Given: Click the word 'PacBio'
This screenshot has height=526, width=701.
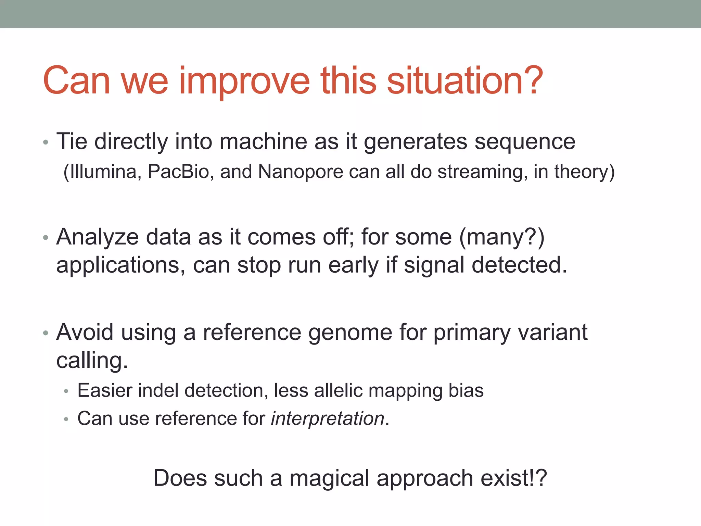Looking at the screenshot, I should pyautogui.click(x=178, y=172).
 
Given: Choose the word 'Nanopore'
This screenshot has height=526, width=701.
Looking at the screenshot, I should pyautogui.click(x=300, y=172).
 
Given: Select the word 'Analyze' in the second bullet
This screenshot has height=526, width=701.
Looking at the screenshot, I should pyautogui.click(x=98, y=237).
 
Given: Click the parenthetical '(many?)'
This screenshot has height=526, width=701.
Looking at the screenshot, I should pyautogui.click(x=501, y=237).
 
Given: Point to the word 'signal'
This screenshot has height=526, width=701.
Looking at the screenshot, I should pyautogui.click(x=434, y=265).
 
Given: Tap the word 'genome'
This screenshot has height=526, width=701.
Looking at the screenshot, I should pyautogui.click(x=350, y=333).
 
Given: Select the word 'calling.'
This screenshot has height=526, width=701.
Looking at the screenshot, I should pyautogui.click(x=92, y=361).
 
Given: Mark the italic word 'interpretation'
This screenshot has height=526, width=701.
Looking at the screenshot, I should pyautogui.click(x=328, y=419).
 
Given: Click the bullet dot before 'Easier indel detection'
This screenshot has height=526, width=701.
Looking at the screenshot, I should pyautogui.click(x=66, y=391).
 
